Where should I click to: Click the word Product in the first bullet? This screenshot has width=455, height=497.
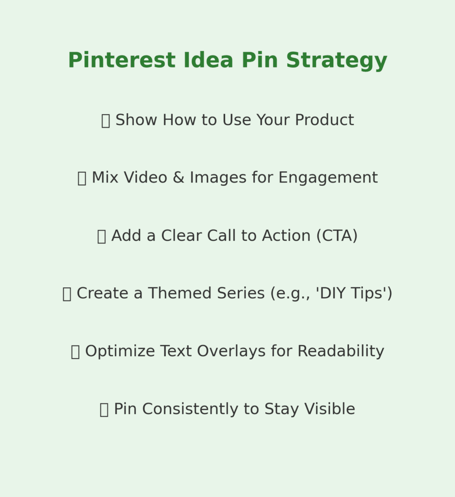coord(325,120)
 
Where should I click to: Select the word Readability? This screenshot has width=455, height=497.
coord(341,351)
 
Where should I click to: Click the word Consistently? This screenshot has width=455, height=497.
coord(186,409)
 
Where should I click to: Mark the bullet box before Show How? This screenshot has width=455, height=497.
coord(105,121)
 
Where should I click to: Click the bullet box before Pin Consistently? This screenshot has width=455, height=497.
coord(104,410)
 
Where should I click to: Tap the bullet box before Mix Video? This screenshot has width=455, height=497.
coord(81,179)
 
